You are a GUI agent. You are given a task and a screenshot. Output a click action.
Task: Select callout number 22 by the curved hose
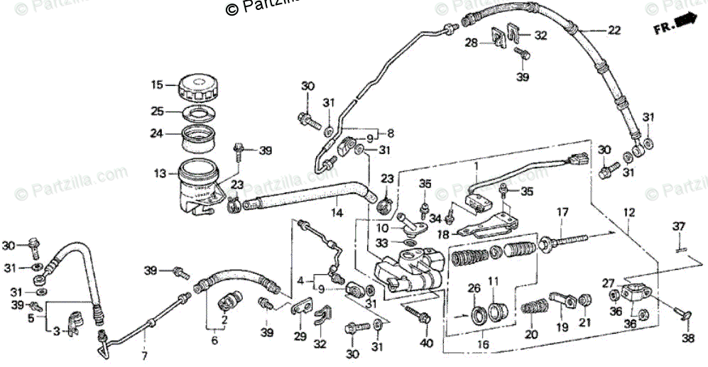(x=614, y=30)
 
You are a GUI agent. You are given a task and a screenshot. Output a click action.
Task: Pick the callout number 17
(x=562, y=211)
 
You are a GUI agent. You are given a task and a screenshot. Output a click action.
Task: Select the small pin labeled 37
(x=679, y=246)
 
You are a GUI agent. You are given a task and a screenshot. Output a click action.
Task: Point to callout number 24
(x=157, y=132)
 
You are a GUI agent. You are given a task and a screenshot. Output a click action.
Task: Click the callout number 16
(x=484, y=344)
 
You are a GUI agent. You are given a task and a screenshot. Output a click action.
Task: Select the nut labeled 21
(x=585, y=302)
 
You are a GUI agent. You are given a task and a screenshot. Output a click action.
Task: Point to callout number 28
(x=472, y=43)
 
